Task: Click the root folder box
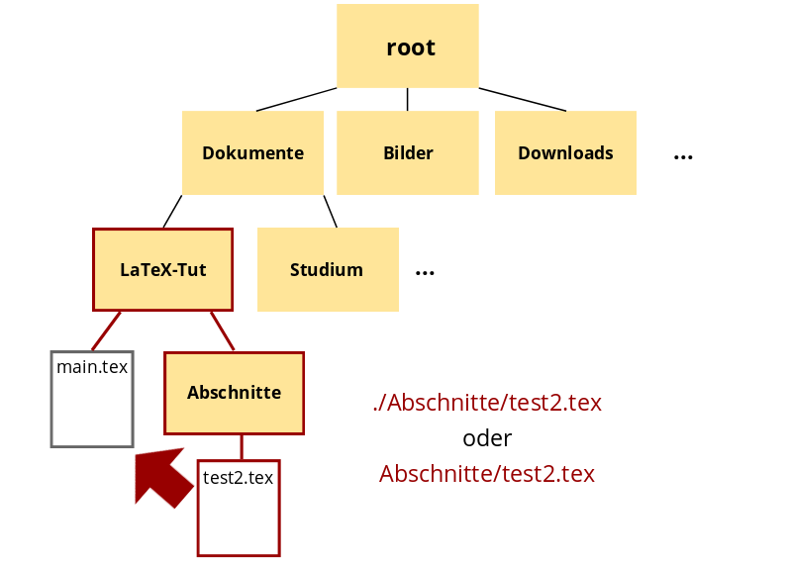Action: point(408,47)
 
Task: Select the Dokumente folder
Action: point(252,152)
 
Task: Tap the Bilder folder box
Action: point(408,152)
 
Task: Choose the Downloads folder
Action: point(565,152)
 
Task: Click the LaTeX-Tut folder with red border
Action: point(163,269)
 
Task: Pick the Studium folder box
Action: point(328,269)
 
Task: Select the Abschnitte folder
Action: point(235,393)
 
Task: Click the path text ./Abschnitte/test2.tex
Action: point(487,403)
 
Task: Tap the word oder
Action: point(487,438)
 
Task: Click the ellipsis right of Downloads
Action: point(683,156)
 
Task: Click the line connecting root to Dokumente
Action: point(296,99)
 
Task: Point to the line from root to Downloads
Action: point(523,99)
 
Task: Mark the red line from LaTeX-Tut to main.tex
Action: point(107,330)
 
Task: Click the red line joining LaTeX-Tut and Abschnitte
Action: point(223,330)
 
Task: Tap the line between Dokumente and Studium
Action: point(331,211)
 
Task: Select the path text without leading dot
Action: point(487,474)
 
